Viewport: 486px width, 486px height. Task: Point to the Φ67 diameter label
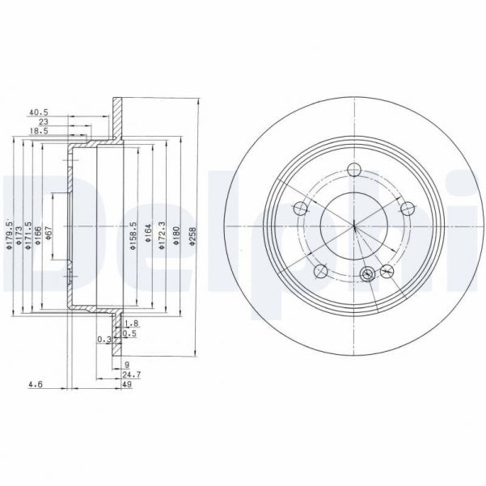49,235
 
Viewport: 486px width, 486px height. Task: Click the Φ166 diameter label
37,235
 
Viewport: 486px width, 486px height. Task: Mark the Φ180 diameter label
176,235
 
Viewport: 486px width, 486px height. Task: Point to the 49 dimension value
127,387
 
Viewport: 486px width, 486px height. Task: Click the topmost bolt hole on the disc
353,170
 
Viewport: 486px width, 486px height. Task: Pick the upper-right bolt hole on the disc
407,208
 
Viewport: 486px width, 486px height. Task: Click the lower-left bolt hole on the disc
319,269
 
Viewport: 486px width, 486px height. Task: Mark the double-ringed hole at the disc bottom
368,273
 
